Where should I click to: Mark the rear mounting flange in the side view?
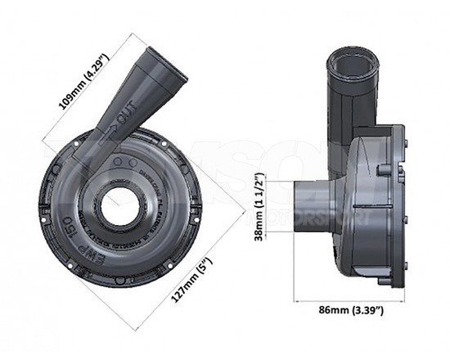click(398, 205)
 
